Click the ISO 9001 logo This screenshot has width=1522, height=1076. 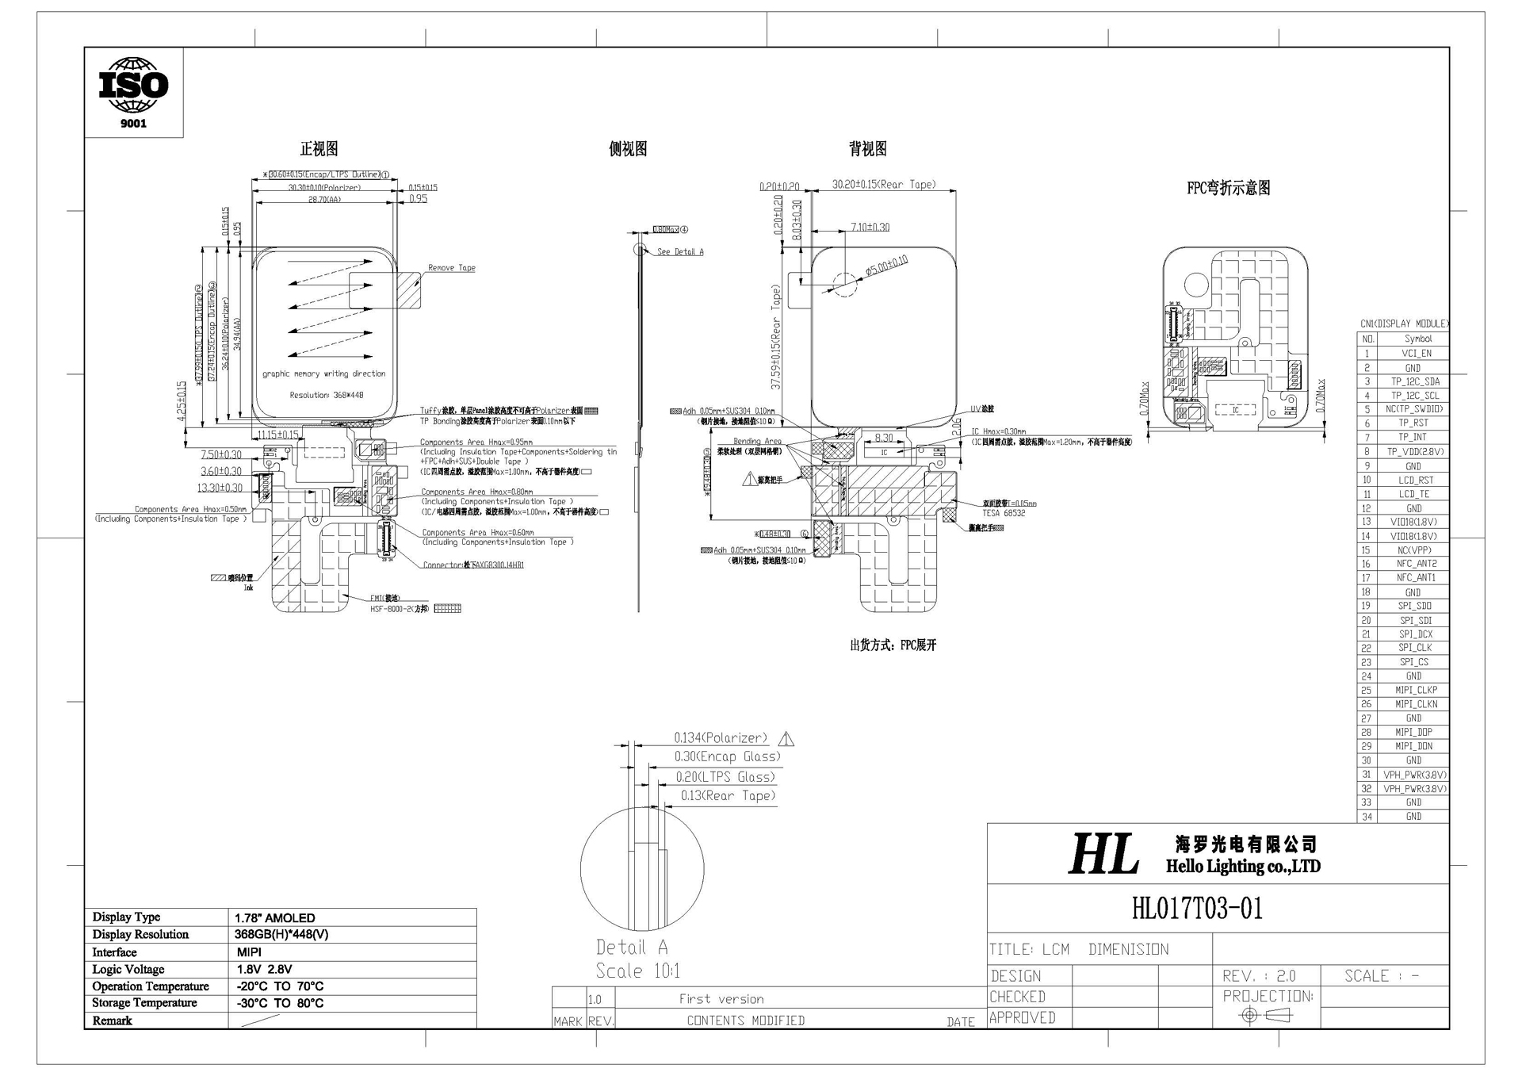[x=133, y=91]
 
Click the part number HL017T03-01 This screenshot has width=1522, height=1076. [x=1197, y=908]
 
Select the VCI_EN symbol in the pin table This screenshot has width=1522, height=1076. [x=1416, y=354]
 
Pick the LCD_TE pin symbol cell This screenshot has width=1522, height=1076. [x=1415, y=494]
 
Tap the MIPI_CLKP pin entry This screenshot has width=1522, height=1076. [x=1416, y=690]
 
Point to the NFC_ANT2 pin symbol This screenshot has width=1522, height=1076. [x=1416, y=564]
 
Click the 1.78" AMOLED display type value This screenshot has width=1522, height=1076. [x=275, y=917]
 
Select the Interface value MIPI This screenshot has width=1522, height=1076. [x=249, y=952]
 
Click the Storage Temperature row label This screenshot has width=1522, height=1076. [x=143, y=1003]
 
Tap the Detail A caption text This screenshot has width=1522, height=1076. [x=632, y=948]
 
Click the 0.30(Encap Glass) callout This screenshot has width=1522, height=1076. [x=727, y=757]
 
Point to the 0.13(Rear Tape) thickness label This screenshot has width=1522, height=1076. [x=728, y=796]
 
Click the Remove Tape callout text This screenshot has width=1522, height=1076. [x=451, y=268]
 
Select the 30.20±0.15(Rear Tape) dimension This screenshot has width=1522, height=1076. [x=884, y=185]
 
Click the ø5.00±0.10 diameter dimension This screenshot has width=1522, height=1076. [x=886, y=265]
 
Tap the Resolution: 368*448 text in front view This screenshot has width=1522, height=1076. [x=327, y=395]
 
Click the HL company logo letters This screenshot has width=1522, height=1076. [x=1103, y=855]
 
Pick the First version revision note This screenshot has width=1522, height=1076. [x=721, y=999]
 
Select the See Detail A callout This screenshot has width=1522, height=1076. [x=679, y=252]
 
